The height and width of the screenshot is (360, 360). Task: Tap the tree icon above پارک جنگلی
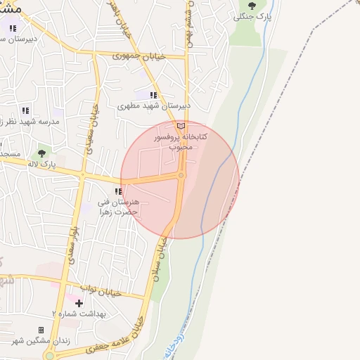point(252,6)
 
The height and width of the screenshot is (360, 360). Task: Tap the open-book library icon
point(181,125)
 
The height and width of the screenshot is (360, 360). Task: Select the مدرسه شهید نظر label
point(25,121)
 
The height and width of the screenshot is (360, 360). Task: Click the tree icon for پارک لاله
point(41,153)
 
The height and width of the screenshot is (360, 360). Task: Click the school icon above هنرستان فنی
point(119,191)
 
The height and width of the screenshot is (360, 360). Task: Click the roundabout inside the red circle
point(181,176)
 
